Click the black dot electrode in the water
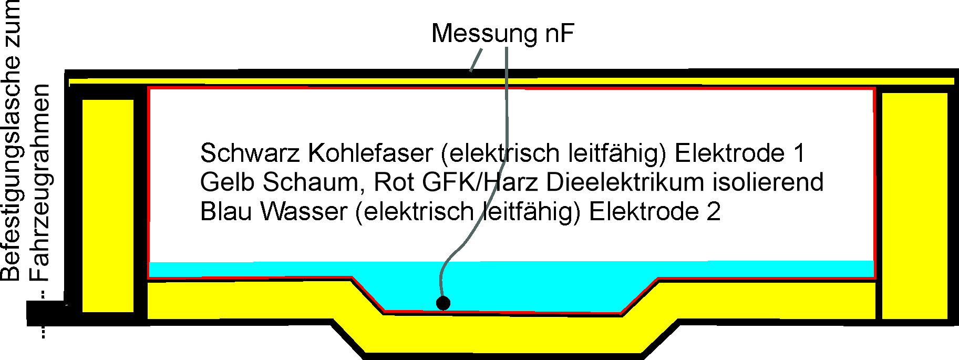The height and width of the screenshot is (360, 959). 443,303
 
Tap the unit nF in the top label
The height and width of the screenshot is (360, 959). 559,34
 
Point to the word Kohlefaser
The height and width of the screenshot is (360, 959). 370,153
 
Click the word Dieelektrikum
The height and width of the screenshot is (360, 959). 625,182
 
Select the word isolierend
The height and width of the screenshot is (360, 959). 768,182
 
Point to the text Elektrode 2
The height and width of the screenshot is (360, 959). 654,212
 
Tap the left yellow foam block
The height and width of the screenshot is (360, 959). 108,205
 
